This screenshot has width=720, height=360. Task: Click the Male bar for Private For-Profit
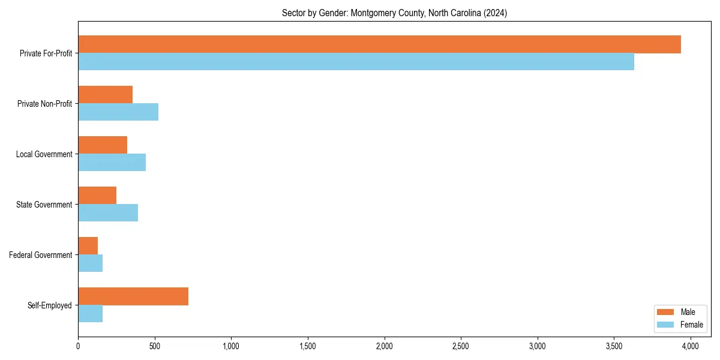(379, 44)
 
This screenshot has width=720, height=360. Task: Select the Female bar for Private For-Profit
(356, 62)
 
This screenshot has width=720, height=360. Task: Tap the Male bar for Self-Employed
(133, 296)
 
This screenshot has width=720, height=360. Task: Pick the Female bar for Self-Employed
(90, 314)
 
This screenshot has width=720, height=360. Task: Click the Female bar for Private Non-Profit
(118, 112)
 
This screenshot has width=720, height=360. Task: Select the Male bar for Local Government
(103, 145)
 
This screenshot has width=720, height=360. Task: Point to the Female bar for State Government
(108, 213)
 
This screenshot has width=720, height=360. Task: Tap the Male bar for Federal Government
(88, 246)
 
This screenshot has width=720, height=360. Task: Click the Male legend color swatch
(666, 312)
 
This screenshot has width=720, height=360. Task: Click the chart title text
(394, 13)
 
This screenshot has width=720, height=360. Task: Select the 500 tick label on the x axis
(155, 346)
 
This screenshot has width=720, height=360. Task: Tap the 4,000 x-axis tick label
(690, 346)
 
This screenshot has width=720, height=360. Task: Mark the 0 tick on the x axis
(78, 346)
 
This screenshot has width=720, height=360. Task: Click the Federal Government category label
(41, 255)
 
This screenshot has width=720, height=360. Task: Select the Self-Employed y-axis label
(50, 305)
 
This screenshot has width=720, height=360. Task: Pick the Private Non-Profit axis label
(44, 104)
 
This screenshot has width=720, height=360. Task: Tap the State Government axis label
(44, 205)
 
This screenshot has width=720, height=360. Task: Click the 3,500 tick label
(614, 346)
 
